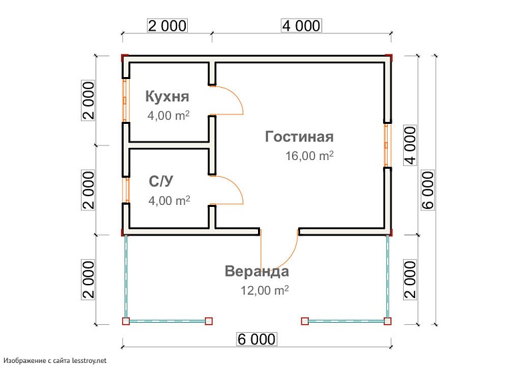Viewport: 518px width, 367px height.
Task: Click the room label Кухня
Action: click(167, 96)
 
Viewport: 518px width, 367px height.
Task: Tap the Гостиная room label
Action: click(299, 137)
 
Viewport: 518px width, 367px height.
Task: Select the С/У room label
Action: click(162, 181)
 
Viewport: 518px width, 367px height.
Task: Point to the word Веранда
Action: click(257, 272)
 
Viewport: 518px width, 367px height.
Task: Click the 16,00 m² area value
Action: click(309, 157)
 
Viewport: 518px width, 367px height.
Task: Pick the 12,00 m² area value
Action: click(264, 291)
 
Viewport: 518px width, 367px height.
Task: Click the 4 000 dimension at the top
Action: click(301, 25)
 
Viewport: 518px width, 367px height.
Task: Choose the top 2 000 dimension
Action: click(167, 25)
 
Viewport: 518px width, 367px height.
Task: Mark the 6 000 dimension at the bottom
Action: click(256, 340)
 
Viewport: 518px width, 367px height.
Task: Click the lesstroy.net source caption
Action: click(55, 360)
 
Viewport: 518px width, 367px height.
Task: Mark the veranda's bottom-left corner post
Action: click(125, 321)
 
